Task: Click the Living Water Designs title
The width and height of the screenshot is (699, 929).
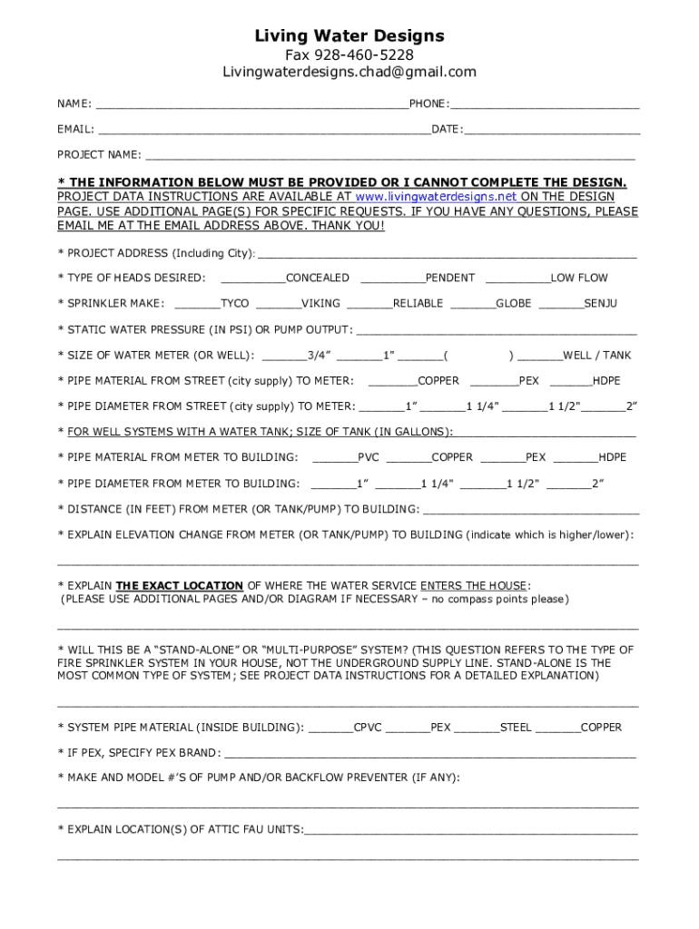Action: (x=349, y=36)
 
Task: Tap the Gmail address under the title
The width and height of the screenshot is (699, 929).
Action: (x=349, y=72)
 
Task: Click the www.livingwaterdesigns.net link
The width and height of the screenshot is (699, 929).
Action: (x=436, y=196)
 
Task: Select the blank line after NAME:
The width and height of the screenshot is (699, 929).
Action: (x=251, y=106)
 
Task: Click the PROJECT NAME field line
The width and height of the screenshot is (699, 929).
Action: (x=389, y=157)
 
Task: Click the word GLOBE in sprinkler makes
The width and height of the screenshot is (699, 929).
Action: (x=513, y=303)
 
